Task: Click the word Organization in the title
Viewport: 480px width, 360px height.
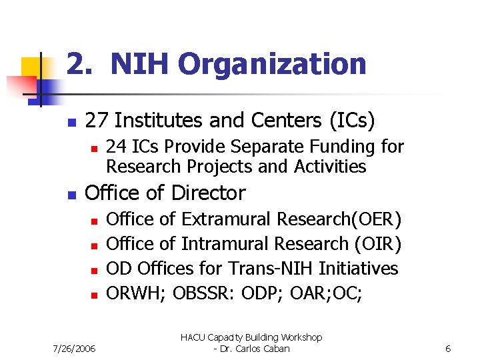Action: (x=272, y=65)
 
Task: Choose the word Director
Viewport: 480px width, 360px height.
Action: (x=208, y=193)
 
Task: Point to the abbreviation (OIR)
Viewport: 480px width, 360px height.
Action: (x=377, y=244)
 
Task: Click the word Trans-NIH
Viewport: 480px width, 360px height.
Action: (x=271, y=269)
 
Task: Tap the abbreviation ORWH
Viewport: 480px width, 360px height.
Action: (x=134, y=293)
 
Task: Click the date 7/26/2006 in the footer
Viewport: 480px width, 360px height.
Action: (x=74, y=348)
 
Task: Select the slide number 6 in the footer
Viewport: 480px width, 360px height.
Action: (x=448, y=348)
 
